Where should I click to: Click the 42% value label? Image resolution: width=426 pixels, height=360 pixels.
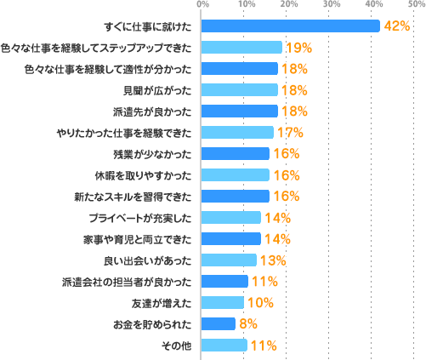click(397, 26)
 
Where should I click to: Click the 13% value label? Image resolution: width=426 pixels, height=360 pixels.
click(272, 260)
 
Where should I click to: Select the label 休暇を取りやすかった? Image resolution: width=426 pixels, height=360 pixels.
click(152, 175)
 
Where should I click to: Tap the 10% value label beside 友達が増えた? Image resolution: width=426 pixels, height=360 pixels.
click(259, 303)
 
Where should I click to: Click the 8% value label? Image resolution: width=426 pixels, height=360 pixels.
click(247, 324)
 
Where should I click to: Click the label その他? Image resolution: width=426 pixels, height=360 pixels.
click(177, 345)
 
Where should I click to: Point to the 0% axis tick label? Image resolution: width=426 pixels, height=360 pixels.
click(202, 5)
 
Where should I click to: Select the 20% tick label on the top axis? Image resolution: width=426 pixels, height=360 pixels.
click(289, 5)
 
